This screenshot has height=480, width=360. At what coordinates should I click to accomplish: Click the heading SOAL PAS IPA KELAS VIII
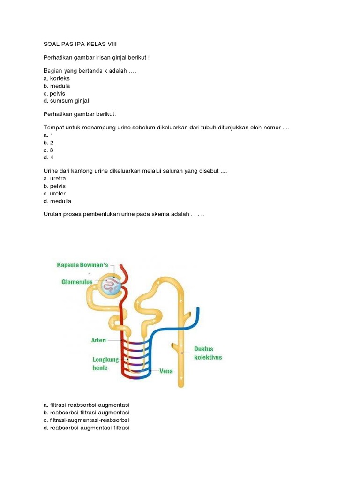pyautogui.click(x=80, y=44)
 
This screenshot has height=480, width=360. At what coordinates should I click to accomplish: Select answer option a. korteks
pyautogui.click(x=56, y=78)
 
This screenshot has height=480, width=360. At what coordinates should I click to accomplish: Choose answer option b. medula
pyautogui.click(x=56, y=86)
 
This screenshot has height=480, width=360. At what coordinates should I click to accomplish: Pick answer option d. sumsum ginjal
pyautogui.click(x=66, y=101)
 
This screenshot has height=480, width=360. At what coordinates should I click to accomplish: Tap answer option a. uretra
pyautogui.click(x=54, y=179)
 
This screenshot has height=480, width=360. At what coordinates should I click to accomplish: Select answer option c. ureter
pyautogui.click(x=54, y=194)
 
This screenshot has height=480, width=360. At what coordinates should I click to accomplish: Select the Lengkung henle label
pyautogui.click(x=106, y=364)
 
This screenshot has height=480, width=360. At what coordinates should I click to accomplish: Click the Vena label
pyautogui.click(x=166, y=371)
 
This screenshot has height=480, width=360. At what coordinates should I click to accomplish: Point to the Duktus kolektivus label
pyautogui.click(x=208, y=353)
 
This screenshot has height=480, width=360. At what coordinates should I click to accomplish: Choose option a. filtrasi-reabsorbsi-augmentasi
pyautogui.click(x=86, y=405)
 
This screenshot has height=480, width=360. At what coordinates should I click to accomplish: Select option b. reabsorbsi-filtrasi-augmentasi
pyautogui.click(x=86, y=412)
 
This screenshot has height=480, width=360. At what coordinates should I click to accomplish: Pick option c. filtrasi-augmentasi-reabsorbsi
pyautogui.click(x=86, y=420)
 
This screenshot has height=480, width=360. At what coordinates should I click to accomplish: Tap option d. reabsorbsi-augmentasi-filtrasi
pyautogui.click(x=86, y=427)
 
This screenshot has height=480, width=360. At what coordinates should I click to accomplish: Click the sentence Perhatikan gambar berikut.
pyautogui.click(x=79, y=114)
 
